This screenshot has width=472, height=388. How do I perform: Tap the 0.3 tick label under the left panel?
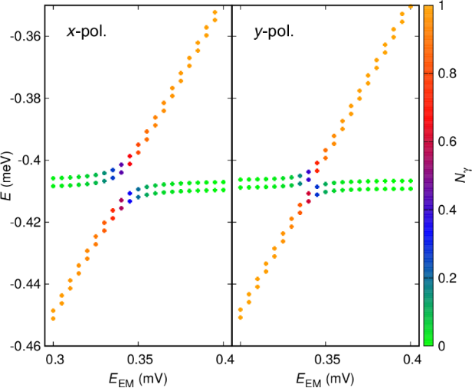click(x=54, y=359)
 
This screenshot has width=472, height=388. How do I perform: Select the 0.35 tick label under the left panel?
click(x=139, y=359)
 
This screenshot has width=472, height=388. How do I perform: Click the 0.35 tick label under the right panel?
click(x=326, y=359)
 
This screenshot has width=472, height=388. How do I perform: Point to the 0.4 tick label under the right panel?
click(x=411, y=359)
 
